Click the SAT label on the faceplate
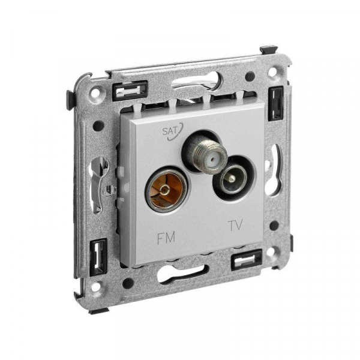point(170,131)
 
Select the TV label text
point(235,225)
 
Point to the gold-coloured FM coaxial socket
point(166,190)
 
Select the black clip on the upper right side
point(277,103)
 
